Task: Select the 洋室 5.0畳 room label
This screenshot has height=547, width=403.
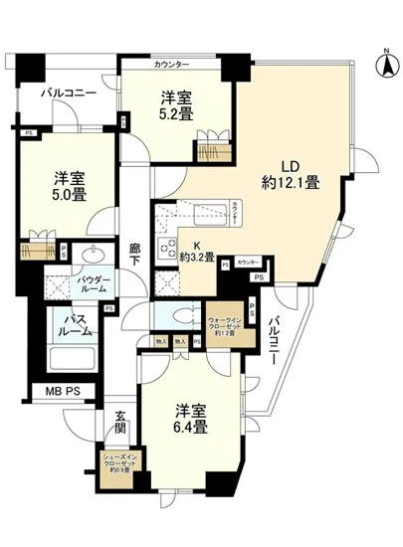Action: (x=70, y=189)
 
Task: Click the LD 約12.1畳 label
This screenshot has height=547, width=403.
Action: (x=290, y=174)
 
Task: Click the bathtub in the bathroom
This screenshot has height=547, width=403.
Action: (x=71, y=359)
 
